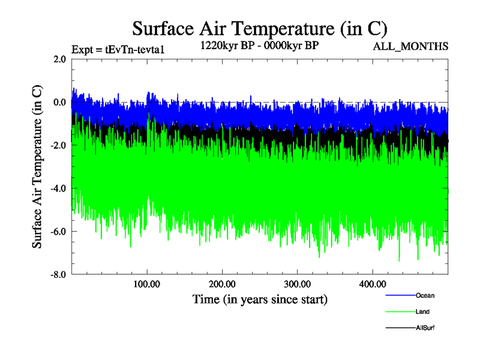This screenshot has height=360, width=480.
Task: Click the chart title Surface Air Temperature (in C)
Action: pos(259,28)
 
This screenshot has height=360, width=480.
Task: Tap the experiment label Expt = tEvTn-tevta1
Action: pos(118,49)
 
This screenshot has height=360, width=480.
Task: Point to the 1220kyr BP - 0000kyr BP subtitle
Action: pos(259,45)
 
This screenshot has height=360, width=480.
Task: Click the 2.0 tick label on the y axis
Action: pos(59,59)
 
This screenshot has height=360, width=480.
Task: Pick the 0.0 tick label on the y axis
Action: pos(59,102)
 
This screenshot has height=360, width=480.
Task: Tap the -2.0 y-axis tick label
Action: pos(58,145)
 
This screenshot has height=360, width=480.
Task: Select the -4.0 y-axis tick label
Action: pos(58,188)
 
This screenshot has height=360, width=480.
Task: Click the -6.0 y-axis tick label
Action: pos(58,232)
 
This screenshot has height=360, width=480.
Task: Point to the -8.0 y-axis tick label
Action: pos(58,275)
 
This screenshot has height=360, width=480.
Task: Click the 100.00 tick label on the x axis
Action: pos(147,284)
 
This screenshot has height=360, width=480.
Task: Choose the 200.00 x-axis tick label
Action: pos(222,284)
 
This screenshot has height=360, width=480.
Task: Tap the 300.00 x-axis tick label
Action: pos(297,284)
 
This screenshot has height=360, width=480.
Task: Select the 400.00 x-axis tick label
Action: pos(372,284)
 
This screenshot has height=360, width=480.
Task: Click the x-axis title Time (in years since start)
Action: pos(260,298)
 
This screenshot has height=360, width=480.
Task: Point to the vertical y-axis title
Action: pos(37,167)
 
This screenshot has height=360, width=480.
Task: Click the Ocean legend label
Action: pos(425,295)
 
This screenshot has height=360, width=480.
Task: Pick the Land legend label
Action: pos(422,311)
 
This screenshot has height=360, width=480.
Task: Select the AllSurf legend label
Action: pos(425,328)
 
